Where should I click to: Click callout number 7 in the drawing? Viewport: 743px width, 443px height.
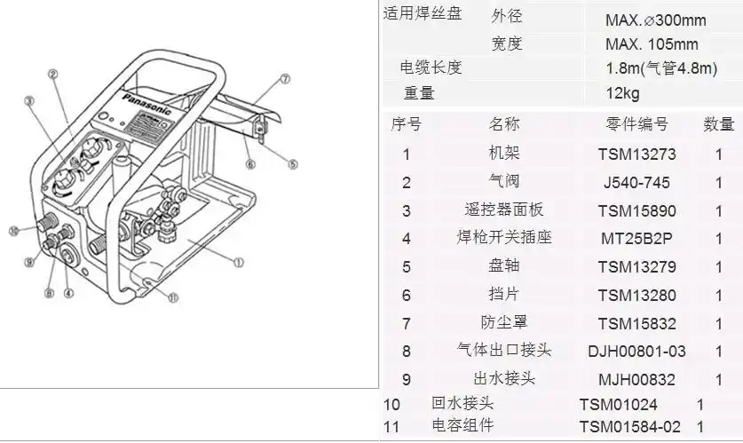click(285, 78)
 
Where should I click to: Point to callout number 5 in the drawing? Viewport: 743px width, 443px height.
click(293, 163)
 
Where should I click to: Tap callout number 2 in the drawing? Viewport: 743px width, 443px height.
click(52, 74)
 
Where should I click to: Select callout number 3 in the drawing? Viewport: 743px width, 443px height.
click(29, 101)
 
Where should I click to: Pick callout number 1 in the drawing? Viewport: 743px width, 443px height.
click(239, 262)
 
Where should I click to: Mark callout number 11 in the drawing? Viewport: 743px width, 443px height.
click(172, 297)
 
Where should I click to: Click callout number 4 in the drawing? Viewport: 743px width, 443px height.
click(68, 291)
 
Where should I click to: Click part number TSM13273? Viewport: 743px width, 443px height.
click(636, 154)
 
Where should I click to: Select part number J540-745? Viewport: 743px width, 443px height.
click(636, 183)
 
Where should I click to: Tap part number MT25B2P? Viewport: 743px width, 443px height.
click(636, 239)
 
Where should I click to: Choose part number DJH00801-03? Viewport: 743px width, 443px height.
click(636, 352)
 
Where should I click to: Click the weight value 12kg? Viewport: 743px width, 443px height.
click(622, 93)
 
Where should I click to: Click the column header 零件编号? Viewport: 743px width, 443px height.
click(636, 124)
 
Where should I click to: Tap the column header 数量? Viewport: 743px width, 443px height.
click(719, 124)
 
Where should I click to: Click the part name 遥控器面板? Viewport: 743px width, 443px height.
click(504, 210)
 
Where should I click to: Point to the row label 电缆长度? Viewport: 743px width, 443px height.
click(431, 68)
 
